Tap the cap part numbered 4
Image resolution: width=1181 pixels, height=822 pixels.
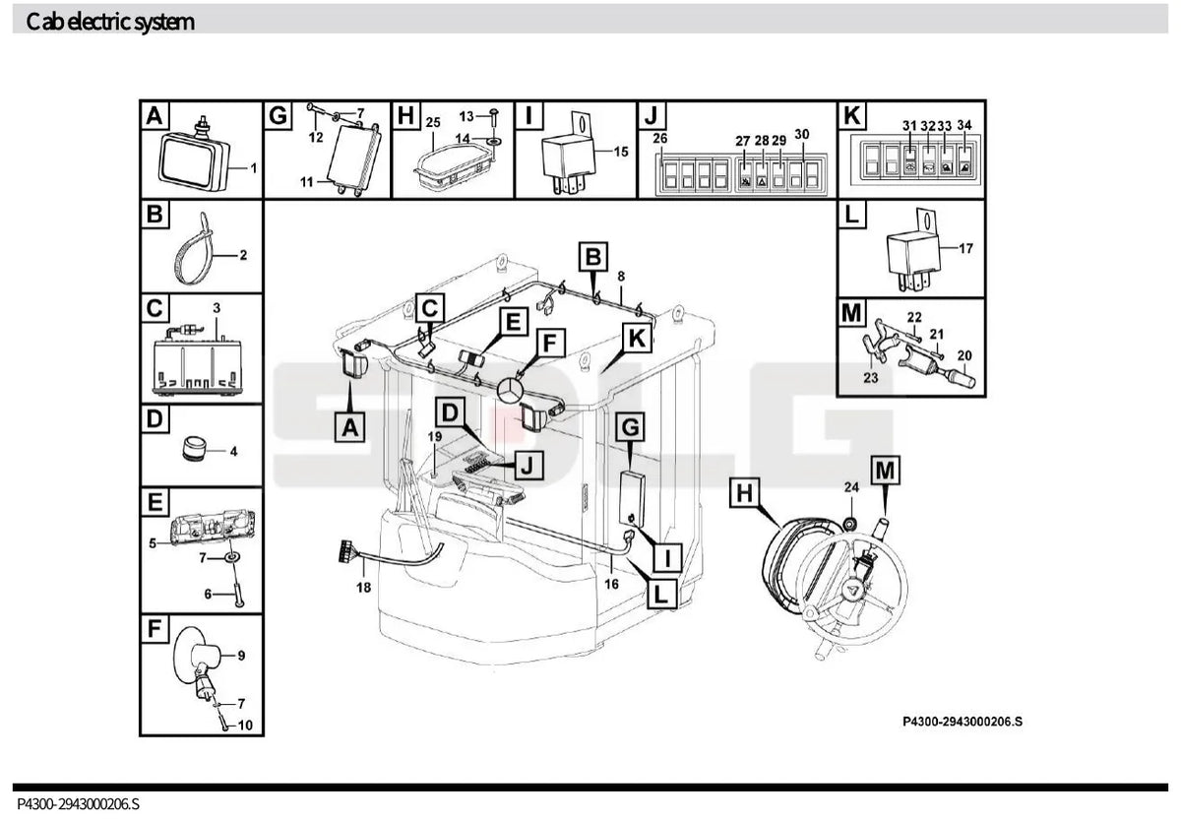coord(193,448)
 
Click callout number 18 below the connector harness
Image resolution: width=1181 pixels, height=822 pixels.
coord(364,587)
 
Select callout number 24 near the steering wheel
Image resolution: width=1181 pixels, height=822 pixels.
coord(851,487)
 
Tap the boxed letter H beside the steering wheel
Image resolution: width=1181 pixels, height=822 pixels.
coord(744,493)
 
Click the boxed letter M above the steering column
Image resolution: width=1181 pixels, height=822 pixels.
coord(885,470)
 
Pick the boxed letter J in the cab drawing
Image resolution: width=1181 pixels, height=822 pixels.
coord(528,465)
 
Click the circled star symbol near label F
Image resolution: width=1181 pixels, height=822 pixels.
coord(510,391)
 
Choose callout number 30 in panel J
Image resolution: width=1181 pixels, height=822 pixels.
coord(801,135)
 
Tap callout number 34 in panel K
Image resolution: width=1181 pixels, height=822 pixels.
coord(964,125)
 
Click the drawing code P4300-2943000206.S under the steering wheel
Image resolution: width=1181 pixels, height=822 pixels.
coord(963,722)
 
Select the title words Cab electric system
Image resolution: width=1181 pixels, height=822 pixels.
coord(110,22)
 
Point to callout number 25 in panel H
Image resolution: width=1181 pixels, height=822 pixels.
coord(433,122)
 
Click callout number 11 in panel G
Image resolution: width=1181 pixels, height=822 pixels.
coord(307,182)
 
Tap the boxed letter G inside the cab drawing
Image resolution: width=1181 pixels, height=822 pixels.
coord(631,426)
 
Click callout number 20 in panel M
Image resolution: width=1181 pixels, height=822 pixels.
coord(964,355)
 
